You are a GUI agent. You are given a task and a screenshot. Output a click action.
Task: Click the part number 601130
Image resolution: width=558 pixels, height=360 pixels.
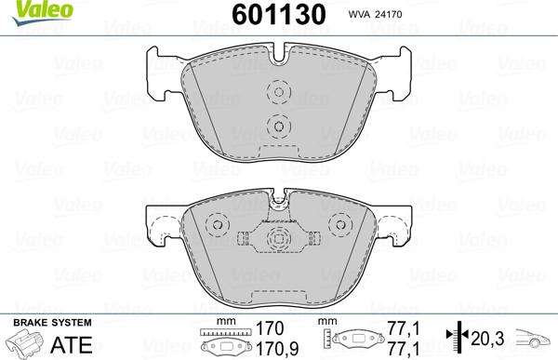pos(279,14)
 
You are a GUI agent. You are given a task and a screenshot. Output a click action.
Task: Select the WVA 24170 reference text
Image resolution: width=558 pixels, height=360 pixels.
pos(375,14)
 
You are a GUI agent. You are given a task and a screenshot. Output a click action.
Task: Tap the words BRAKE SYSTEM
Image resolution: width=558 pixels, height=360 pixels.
pos(52,323)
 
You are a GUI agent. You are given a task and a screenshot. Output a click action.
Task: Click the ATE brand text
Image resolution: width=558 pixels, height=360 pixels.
pos(72,345)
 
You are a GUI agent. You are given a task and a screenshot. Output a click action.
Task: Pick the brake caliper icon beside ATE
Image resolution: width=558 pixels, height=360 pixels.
pos(25,342)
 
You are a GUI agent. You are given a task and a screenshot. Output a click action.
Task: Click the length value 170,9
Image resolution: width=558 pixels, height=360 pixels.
pos(278,349)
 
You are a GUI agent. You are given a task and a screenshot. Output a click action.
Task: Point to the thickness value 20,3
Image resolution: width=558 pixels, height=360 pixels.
pos(487,339)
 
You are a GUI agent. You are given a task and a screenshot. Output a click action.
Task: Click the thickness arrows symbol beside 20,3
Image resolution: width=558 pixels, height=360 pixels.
pos(458,337)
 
